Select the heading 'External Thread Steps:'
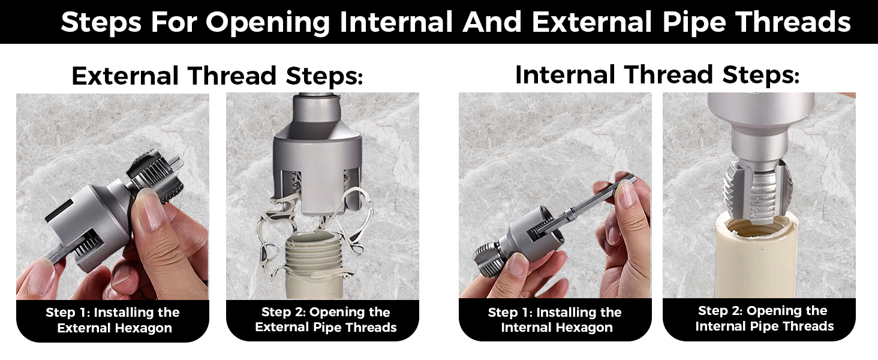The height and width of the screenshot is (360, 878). tap(217, 76)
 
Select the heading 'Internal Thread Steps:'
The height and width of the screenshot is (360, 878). tap(657, 75)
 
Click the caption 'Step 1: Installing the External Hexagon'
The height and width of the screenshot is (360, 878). tap(113, 320)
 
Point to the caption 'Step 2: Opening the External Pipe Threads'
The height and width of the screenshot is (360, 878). tap(326, 320)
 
